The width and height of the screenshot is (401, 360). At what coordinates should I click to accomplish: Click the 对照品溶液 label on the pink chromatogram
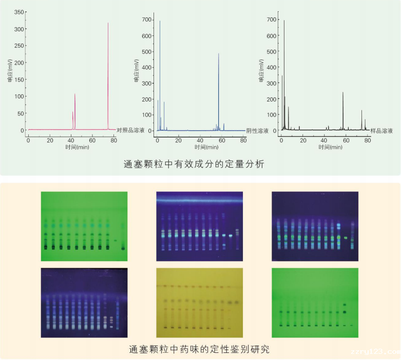point(130,130)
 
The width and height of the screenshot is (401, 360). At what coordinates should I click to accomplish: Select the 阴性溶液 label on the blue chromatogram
point(258,131)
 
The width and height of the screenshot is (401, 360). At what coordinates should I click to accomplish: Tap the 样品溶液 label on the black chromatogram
point(381,131)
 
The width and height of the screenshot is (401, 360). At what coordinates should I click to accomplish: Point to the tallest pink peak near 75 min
point(108,24)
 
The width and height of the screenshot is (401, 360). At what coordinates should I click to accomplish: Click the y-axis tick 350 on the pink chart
point(19,12)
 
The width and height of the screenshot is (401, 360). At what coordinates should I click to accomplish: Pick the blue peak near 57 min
point(219,54)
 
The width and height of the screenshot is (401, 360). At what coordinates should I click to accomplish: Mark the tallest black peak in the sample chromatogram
point(284,22)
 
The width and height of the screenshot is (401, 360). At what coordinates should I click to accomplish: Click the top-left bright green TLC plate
point(84,226)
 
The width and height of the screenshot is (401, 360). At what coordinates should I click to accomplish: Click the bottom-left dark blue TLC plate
point(84,302)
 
